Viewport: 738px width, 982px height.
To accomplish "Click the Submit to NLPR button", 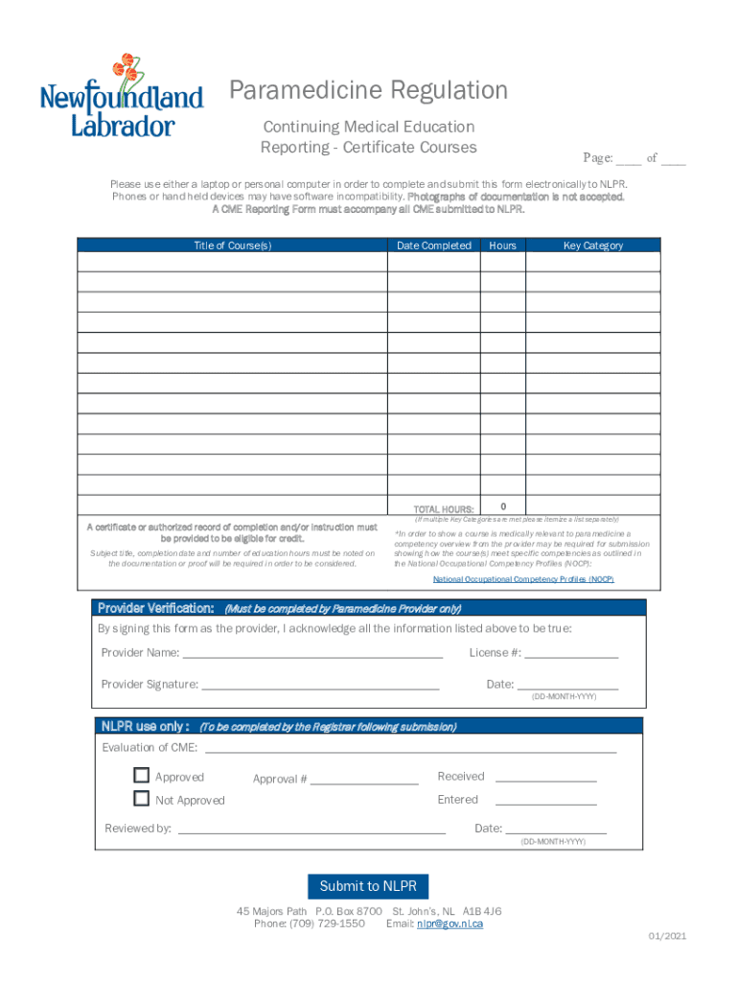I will tap(368, 886).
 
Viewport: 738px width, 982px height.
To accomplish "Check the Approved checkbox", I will tap(142, 776).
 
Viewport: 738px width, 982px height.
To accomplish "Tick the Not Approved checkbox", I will tap(142, 799).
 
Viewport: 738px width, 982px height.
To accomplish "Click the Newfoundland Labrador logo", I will tap(121, 96).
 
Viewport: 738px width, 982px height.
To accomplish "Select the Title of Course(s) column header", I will tap(232, 245).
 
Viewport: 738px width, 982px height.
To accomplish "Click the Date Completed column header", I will tap(433, 245).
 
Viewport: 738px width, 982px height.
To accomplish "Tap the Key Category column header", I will tap(592, 245).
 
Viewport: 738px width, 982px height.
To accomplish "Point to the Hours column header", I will tap(502, 245).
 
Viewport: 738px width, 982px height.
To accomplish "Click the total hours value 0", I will tap(503, 505).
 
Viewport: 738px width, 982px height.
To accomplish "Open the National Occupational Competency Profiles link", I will tap(523, 579).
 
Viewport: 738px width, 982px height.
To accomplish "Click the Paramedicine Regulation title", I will tap(368, 91).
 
